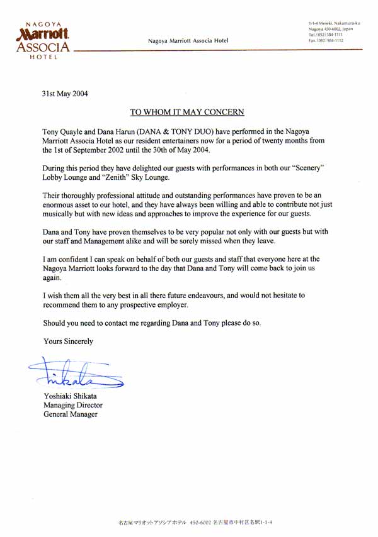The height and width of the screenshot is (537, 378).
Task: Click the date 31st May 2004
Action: [65, 95]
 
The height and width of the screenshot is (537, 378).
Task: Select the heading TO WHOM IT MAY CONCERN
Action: [186, 113]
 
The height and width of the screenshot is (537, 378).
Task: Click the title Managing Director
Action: [72, 406]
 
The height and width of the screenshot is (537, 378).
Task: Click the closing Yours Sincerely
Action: [68, 341]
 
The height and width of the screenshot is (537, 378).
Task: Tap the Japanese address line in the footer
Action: [195, 522]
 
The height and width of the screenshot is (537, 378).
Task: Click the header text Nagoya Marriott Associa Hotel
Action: [188, 41]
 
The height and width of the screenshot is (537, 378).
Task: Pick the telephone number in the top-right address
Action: [326, 35]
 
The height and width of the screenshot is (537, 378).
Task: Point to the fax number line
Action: [326, 40]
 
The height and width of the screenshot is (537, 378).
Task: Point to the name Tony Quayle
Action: [65, 131]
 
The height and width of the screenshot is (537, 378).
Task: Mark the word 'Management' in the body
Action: [110, 241]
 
